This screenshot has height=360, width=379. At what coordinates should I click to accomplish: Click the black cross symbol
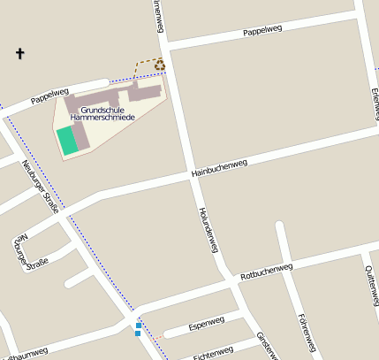pyautogui.click(x=19, y=54)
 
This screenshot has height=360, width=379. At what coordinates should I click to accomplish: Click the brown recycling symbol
pyautogui.click(x=160, y=64)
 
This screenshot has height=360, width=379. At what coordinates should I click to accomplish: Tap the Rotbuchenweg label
pyautogui.click(x=266, y=270)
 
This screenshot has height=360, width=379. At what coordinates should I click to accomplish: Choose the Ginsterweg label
pyautogui.click(x=266, y=345)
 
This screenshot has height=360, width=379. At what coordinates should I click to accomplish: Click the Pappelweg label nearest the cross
pyautogui.click(x=49, y=96)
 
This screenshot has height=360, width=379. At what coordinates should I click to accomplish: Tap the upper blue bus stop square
pyautogui.click(x=139, y=325)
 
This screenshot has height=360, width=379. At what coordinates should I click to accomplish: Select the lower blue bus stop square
pyautogui.click(x=138, y=333)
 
